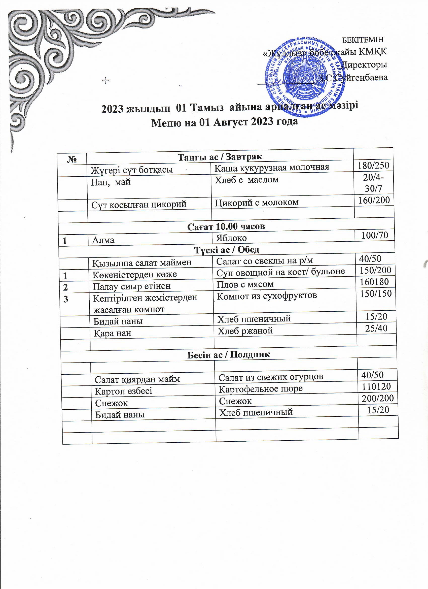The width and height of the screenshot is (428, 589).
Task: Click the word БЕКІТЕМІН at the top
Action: pyautogui.click(x=363, y=40)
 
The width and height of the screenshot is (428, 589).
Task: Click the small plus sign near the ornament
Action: pyautogui.click(x=105, y=81)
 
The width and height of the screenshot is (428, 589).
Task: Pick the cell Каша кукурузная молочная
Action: pyautogui.click(x=271, y=168)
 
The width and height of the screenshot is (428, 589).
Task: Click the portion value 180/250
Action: pyautogui.click(x=373, y=166)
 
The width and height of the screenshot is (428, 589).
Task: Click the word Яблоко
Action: pyautogui.click(x=231, y=238)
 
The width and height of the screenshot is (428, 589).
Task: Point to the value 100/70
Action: pyautogui.click(x=375, y=235)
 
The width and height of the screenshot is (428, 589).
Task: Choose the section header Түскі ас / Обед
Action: pyautogui.click(x=227, y=250)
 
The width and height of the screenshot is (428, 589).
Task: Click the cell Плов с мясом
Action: pyautogui.click(x=245, y=284)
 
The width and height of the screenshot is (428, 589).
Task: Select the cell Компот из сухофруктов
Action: pyautogui.click(x=267, y=296)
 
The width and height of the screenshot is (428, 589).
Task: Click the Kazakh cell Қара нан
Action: pyautogui.click(x=112, y=333)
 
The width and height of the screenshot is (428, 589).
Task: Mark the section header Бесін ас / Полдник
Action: pyautogui.click(x=228, y=354)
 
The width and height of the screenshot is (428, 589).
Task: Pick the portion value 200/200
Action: pyautogui.click(x=378, y=398)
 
